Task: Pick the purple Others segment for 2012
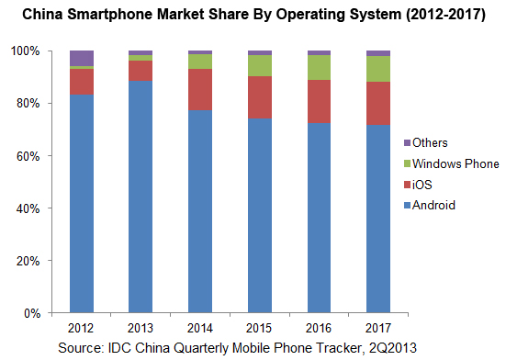(81, 58)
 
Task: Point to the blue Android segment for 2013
(141, 197)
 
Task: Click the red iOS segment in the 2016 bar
(319, 101)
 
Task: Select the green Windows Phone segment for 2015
(259, 65)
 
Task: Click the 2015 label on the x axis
(259, 328)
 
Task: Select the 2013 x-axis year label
(141, 328)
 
